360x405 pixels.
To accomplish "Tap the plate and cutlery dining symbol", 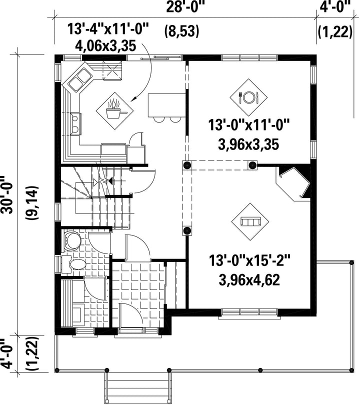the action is pos(248,97).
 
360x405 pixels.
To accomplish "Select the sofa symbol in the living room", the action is pos(250,222).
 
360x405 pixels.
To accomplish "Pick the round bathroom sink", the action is pos(72,240).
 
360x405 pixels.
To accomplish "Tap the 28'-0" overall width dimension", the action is pos(183,7).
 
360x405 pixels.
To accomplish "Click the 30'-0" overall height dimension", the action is pos(7,195).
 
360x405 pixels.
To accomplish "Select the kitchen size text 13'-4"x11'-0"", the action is pos(108,28).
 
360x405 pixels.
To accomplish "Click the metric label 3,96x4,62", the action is pos(249,279).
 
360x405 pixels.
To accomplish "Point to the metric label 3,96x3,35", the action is pos(248,144).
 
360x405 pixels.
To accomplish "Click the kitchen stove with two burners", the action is pos(75,124).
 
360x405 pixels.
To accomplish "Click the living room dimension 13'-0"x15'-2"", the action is pos(249,260).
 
